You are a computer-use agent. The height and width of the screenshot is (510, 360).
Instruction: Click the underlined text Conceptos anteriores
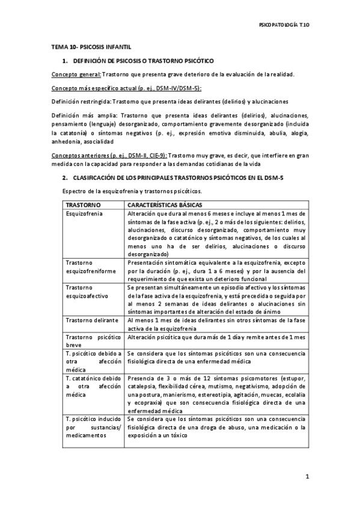click(x=85, y=156)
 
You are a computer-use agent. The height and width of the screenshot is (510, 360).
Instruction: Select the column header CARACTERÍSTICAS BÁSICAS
click(x=165, y=205)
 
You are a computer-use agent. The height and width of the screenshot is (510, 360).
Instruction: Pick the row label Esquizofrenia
click(x=84, y=214)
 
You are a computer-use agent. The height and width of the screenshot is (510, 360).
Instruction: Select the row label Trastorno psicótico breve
click(x=93, y=342)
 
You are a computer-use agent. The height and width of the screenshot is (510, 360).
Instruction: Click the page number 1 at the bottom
click(x=307, y=477)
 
